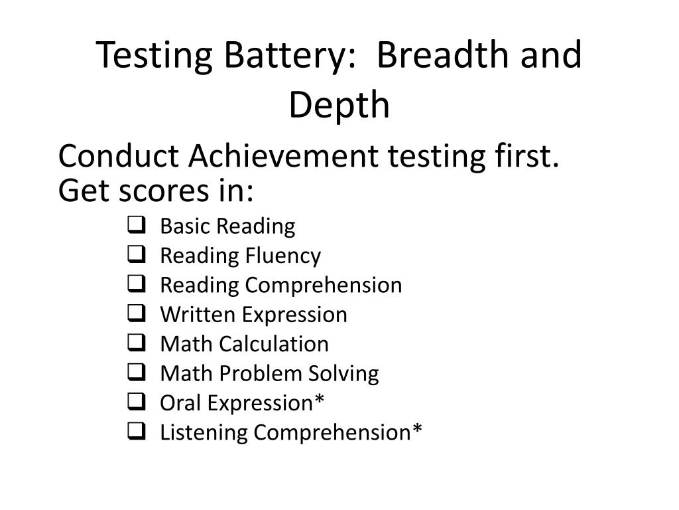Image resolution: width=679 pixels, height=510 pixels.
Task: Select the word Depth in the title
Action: click(339, 105)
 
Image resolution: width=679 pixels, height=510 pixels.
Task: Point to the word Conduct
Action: click(119, 157)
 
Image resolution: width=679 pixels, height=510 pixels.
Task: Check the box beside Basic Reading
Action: click(135, 226)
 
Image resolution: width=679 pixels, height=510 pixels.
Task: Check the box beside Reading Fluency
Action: click(135, 255)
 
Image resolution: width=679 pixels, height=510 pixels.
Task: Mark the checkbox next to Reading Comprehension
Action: click(135, 285)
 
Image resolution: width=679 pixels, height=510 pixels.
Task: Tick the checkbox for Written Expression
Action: click(135, 314)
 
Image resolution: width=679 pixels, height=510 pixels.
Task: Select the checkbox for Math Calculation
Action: click(135, 343)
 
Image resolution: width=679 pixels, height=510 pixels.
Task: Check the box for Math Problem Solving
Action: click(135, 373)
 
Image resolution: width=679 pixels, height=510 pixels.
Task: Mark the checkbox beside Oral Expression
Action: click(135, 402)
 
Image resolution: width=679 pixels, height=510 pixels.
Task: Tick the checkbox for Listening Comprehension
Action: click(135, 432)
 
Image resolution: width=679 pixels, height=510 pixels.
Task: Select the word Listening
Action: click(204, 433)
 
